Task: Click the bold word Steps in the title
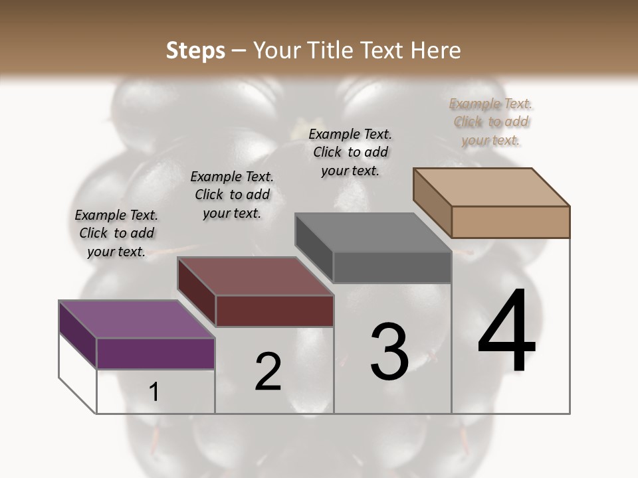click(195, 50)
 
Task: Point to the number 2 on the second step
click(268, 372)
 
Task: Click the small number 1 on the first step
click(154, 392)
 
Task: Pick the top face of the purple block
click(136, 319)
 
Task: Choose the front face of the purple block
click(156, 353)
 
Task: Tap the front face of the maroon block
click(274, 311)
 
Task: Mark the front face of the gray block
click(392, 268)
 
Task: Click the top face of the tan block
click(491, 187)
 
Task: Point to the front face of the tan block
click(510, 222)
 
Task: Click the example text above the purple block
click(116, 233)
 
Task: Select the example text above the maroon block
click(232, 195)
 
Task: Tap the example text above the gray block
click(350, 152)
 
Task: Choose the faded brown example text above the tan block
click(491, 121)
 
